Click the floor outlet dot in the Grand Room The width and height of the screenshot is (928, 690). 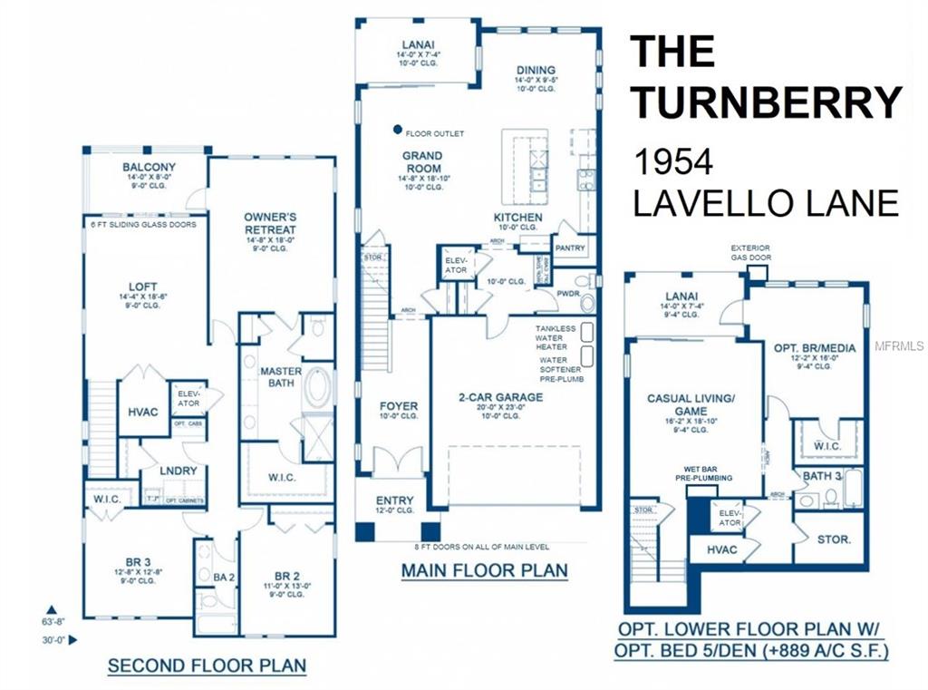pyautogui.click(x=397, y=130)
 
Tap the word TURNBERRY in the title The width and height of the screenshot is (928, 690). pyautogui.click(x=767, y=102)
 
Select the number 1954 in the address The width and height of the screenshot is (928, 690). pyautogui.click(x=673, y=162)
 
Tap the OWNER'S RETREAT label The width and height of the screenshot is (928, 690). pyautogui.click(x=270, y=223)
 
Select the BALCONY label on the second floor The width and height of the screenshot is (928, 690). pyautogui.click(x=150, y=168)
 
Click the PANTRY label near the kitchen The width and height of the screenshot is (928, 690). pyautogui.click(x=570, y=248)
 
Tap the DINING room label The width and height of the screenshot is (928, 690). pyautogui.click(x=536, y=70)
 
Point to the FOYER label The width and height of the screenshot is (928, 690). pyautogui.click(x=397, y=406)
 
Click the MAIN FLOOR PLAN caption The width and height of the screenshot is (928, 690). pyautogui.click(x=485, y=570)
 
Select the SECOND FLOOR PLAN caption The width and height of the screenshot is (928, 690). pyautogui.click(x=207, y=666)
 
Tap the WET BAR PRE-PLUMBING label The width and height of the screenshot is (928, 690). pyautogui.click(x=709, y=474)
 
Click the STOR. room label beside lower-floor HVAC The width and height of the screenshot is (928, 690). pyautogui.click(x=834, y=539)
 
